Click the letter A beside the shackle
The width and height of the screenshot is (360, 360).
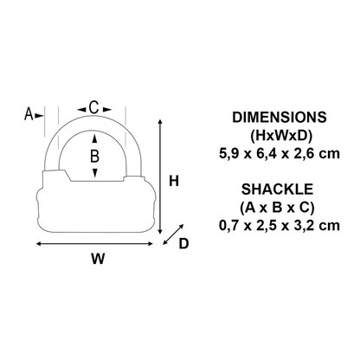coord(29,113)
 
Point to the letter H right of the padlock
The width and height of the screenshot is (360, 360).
coord(173,182)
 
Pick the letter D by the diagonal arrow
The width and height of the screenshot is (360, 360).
coord(183,244)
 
